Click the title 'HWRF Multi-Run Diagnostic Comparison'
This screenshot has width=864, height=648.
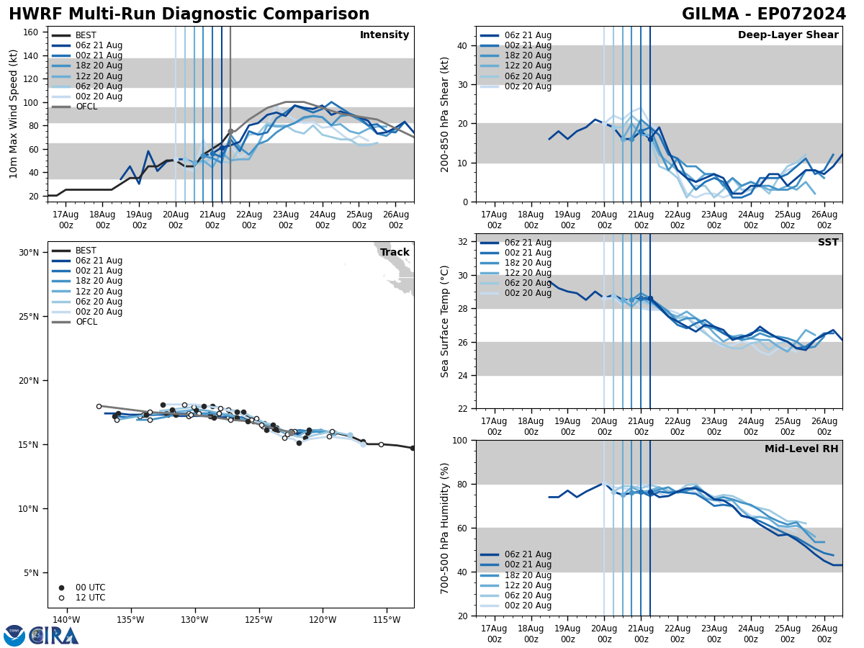click(189, 14)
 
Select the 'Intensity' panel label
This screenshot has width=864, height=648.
click(384, 35)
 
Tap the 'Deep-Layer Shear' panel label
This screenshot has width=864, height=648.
click(788, 35)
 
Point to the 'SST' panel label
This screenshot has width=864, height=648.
click(828, 243)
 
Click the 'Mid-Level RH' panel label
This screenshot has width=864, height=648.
click(801, 449)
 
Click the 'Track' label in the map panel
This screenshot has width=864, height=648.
click(395, 253)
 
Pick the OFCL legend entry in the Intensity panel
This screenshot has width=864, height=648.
click(86, 107)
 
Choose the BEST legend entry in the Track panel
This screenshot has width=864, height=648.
click(86, 251)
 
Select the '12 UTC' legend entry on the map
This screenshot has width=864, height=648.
click(90, 598)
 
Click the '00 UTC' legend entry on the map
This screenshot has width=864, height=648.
click(90, 588)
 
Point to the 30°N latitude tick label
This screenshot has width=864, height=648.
click(29, 253)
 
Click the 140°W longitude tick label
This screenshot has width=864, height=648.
click(66, 620)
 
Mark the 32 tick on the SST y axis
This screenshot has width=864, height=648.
click(462, 242)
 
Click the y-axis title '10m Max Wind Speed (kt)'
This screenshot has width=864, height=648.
click(14, 114)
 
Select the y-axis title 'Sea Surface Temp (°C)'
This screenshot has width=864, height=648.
click(446, 321)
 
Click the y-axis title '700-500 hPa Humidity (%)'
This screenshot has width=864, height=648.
click(446, 528)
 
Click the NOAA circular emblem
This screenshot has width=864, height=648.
click(14, 636)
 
